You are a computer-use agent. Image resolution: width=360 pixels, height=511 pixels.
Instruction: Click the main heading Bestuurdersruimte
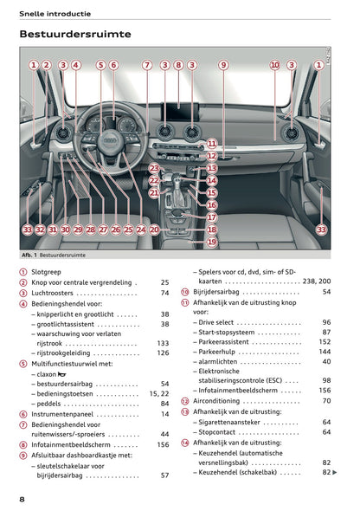[x=75, y=34]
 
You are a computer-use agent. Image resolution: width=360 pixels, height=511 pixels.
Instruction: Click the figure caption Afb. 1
[x=33, y=257]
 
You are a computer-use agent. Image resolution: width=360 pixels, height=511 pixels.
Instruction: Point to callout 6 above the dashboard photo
[x=113, y=65]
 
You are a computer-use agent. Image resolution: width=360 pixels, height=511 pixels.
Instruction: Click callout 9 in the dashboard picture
[x=222, y=65]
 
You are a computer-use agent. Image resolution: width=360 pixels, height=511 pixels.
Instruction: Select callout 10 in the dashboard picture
[x=274, y=65]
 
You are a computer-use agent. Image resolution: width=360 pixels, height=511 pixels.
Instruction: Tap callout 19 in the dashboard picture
[x=212, y=243]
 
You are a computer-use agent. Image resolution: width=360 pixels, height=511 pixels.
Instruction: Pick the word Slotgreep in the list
[x=48, y=272]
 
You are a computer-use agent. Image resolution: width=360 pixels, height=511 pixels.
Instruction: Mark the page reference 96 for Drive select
[x=326, y=322]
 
